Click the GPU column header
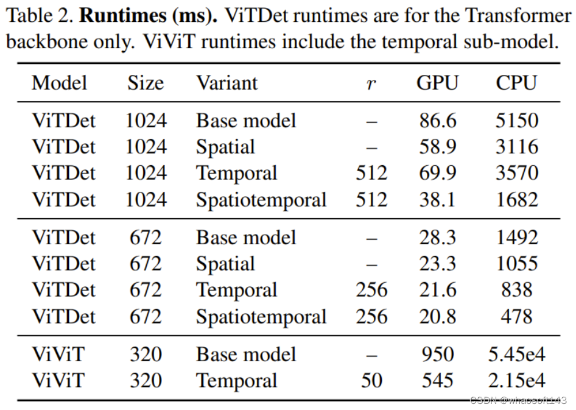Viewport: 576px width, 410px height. [x=437, y=83]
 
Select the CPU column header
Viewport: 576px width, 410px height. [x=516, y=83]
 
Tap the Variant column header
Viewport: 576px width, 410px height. [x=227, y=83]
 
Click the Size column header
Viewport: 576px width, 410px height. [x=146, y=83]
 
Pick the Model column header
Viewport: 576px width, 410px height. [x=60, y=83]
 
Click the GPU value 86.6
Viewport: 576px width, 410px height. [x=437, y=121]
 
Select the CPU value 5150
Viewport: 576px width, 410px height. [x=516, y=121]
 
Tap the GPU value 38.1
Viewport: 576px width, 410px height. [x=437, y=200]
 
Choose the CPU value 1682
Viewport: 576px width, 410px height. [x=516, y=200]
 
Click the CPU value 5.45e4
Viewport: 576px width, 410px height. [x=516, y=355]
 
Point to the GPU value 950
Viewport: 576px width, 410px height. [x=437, y=355]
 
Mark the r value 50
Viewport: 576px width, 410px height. [x=371, y=381]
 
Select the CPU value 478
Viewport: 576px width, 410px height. [x=516, y=317]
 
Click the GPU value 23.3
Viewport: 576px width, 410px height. [x=437, y=264]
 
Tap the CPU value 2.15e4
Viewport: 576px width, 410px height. [x=516, y=381]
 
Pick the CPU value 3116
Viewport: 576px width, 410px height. [x=516, y=147]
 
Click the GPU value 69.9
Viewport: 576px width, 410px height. [x=437, y=173]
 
